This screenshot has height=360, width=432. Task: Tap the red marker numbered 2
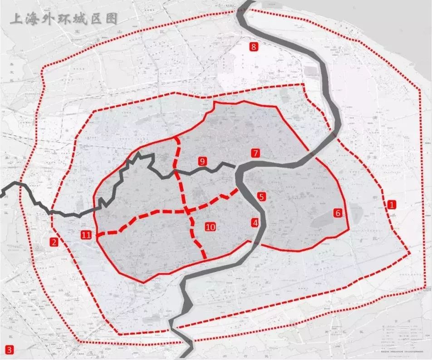[54, 242]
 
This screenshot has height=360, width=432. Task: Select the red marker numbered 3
[8, 350]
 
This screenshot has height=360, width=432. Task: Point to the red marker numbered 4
[255, 223]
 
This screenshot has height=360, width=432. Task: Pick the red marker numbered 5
[261, 197]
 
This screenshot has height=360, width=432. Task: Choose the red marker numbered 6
[337, 213]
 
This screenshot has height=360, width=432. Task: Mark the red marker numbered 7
[255, 153]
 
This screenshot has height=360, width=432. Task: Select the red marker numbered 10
[210, 227]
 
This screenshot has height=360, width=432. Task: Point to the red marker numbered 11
[86, 235]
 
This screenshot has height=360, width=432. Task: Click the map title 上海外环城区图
[64, 19]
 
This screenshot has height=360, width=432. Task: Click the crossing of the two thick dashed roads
[187, 210]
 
